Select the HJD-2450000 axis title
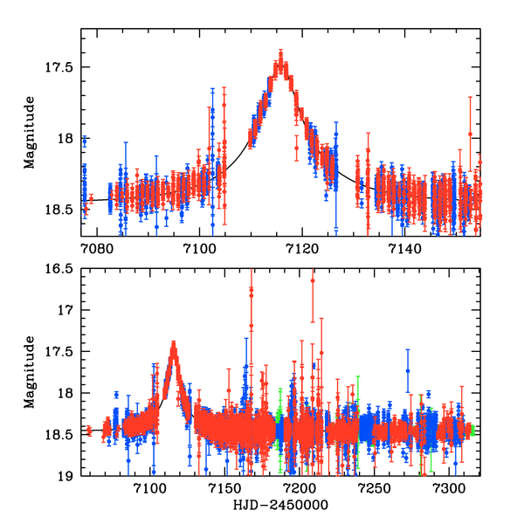pos(281,506)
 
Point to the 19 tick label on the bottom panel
pos(69,477)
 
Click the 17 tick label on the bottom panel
pos(69,310)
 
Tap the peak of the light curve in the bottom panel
pos(174,346)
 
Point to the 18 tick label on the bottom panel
pos(69,394)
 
